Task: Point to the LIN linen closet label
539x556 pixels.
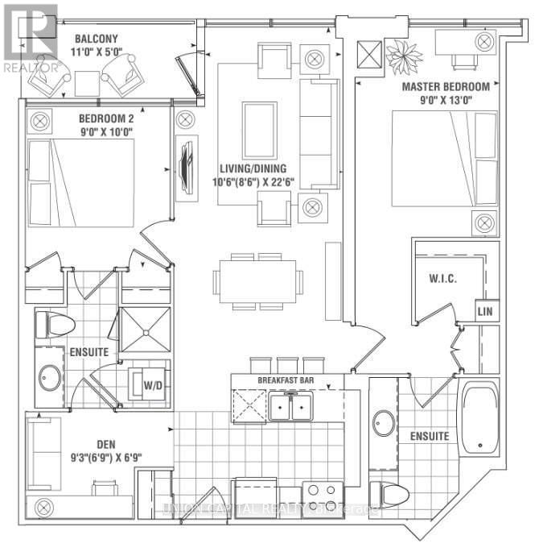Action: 484,311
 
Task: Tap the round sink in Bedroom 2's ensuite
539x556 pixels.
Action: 50,377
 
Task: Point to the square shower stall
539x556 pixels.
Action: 145,330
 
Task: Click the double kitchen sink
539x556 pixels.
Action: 291,408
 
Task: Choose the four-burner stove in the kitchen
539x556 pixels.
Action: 322,494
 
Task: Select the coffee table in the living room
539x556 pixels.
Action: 259,130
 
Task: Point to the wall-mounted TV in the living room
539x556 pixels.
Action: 185,165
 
